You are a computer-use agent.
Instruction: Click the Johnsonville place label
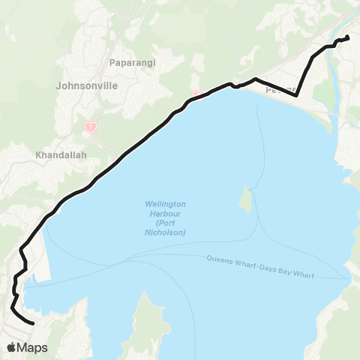click(87, 85)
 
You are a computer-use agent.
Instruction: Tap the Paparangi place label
click(131, 63)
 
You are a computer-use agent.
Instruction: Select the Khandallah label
click(61, 156)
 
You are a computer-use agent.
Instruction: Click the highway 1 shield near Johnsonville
click(89, 127)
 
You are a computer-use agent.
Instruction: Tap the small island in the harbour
click(244, 199)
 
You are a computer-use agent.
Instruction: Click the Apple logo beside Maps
click(12, 347)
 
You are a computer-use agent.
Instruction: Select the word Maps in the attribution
click(33, 347)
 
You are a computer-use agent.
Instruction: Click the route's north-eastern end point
click(347, 37)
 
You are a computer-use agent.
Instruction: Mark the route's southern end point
click(33, 323)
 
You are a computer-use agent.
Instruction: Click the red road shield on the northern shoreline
click(197, 94)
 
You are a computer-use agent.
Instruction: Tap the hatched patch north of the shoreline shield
click(199, 64)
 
